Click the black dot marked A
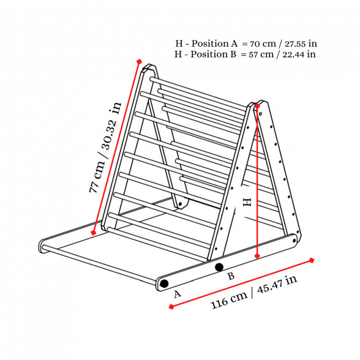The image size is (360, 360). point(164,283)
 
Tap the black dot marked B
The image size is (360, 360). point(219,267)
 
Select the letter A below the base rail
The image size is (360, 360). point(178,294)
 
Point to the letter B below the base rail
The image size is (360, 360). point(231,276)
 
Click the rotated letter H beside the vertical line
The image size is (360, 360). point(247,202)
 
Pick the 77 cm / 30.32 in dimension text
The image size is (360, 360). point(105,148)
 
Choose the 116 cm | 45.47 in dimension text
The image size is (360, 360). point(253,292)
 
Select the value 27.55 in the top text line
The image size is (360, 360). point(296,43)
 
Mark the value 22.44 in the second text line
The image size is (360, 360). point(293,54)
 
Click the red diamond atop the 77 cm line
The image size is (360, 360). point(139,61)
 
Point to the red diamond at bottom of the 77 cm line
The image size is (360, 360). point(93,233)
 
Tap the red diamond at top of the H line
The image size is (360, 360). point(257,106)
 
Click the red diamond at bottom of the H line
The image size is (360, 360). point(257,256)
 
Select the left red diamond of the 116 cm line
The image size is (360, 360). point(171,307)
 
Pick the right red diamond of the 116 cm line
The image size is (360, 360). point(312,260)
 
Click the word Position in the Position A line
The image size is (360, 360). point(209,43)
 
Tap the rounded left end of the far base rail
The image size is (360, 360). point(42,246)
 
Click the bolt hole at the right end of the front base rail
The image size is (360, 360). point(294,241)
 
